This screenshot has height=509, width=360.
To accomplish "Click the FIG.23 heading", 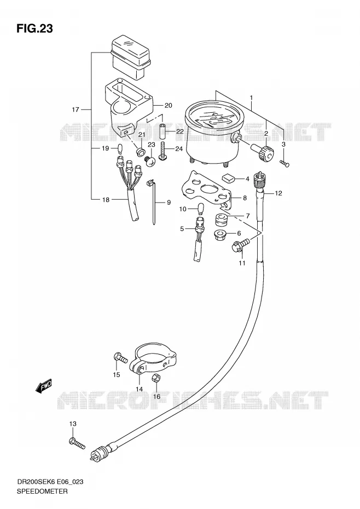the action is coord(34,29).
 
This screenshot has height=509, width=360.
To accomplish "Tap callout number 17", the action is coord(76,109).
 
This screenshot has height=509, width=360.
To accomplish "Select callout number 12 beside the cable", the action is coord(278,193).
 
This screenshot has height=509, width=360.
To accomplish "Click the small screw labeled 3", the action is coord(284,164).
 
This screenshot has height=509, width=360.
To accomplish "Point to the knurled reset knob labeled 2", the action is coord(263,153).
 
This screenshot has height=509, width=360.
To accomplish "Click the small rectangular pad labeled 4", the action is coord(229,178).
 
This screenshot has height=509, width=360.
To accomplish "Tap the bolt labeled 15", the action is coord(121,357).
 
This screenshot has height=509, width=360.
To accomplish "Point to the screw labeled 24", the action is coord(164,152).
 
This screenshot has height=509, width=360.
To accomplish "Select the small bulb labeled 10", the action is coord(201,209).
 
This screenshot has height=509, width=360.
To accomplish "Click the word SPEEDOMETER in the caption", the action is coord(42,491).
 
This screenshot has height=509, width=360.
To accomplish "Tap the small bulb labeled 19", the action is coord(119,149).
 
